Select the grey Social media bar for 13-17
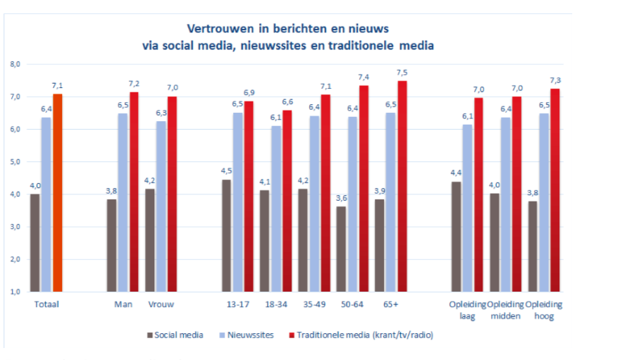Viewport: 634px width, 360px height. (x=227, y=235)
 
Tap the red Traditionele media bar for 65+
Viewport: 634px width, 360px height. (x=402, y=186)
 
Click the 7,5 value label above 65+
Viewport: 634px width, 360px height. (x=402, y=73)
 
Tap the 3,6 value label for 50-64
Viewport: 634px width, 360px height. (x=340, y=199)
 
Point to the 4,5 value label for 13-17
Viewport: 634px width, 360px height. (x=227, y=171)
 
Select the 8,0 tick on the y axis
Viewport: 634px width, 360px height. (x=15, y=64)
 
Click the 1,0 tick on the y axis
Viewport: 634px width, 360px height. (x=15, y=291)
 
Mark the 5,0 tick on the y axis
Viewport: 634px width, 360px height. (x=15, y=161)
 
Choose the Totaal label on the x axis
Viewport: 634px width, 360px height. (x=46, y=304)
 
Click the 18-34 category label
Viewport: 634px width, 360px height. (x=276, y=304)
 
